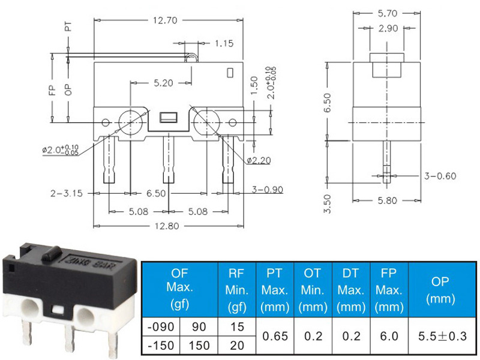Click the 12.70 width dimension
[165, 20]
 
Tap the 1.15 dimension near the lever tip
[224, 43]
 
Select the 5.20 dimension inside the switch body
[163, 83]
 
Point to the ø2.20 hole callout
[259, 160]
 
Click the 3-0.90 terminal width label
[267, 190]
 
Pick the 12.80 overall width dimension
[167, 226]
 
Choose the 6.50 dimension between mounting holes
[156, 193]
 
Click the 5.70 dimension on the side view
[387, 13]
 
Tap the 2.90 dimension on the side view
[388, 28]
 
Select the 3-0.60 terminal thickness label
[440, 176]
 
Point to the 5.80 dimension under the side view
[387, 201]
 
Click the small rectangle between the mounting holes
[169, 117]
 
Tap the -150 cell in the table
[161, 346]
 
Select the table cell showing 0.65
[275, 336]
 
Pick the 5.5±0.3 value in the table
[442, 336]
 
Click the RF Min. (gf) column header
[236, 290]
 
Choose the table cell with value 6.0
[389, 336]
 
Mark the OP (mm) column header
[440, 290]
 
